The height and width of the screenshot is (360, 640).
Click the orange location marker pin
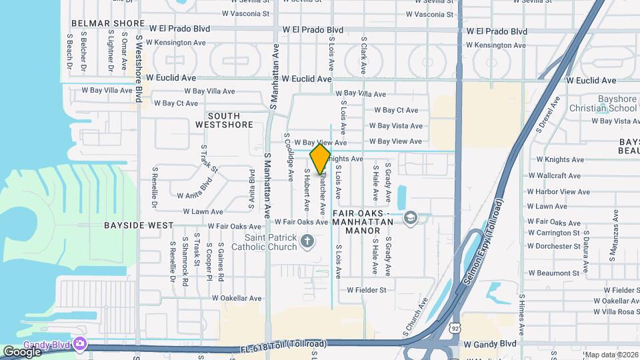[x=321, y=159]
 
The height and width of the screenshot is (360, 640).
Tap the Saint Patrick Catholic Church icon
[x=307, y=240]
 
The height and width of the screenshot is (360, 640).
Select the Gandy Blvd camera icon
[x=81, y=343]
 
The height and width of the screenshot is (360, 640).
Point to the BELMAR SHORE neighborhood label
[x=108, y=23]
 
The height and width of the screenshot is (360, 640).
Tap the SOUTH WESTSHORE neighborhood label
[x=224, y=120]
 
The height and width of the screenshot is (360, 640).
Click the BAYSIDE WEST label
[x=139, y=225]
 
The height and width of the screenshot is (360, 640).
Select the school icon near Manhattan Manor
[x=411, y=217]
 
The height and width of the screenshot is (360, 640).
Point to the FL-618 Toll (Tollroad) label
[x=283, y=344]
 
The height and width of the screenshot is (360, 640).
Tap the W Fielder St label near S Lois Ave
[x=367, y=290]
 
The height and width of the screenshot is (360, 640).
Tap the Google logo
[x=22, y=351]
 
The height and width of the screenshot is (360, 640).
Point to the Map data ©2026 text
[x=611, y=355]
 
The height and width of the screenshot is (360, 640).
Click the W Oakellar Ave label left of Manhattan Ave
[x=232, y=298]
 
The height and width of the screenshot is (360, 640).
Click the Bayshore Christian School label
[x=603, y=103]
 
